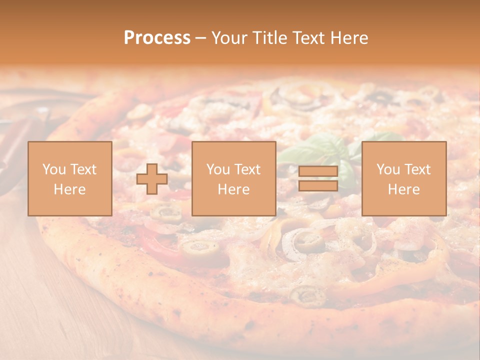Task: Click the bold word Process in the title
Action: click(x=157, y=38)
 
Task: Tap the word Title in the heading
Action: click(x=270, y=38)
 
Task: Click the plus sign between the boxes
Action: click(x=152, y=179)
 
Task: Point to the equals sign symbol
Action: click(x=318, y=179)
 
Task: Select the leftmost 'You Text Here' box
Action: click(x=69, y=179)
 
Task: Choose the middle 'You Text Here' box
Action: click(x=233, y=179)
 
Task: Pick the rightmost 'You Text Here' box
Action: click(x=403, y=179)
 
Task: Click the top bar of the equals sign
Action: click(x=318, y=172)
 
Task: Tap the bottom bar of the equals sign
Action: click(x=318, y=186)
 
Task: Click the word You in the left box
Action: click(x=53, y=169)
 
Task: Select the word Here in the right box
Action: click(x=403, y=189)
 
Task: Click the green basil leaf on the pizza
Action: click(x=320, y=150)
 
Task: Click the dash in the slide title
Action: click(x=201, y=38)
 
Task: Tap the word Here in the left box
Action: click(x=69, y=189)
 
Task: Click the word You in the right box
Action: click(x=388, y=169)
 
